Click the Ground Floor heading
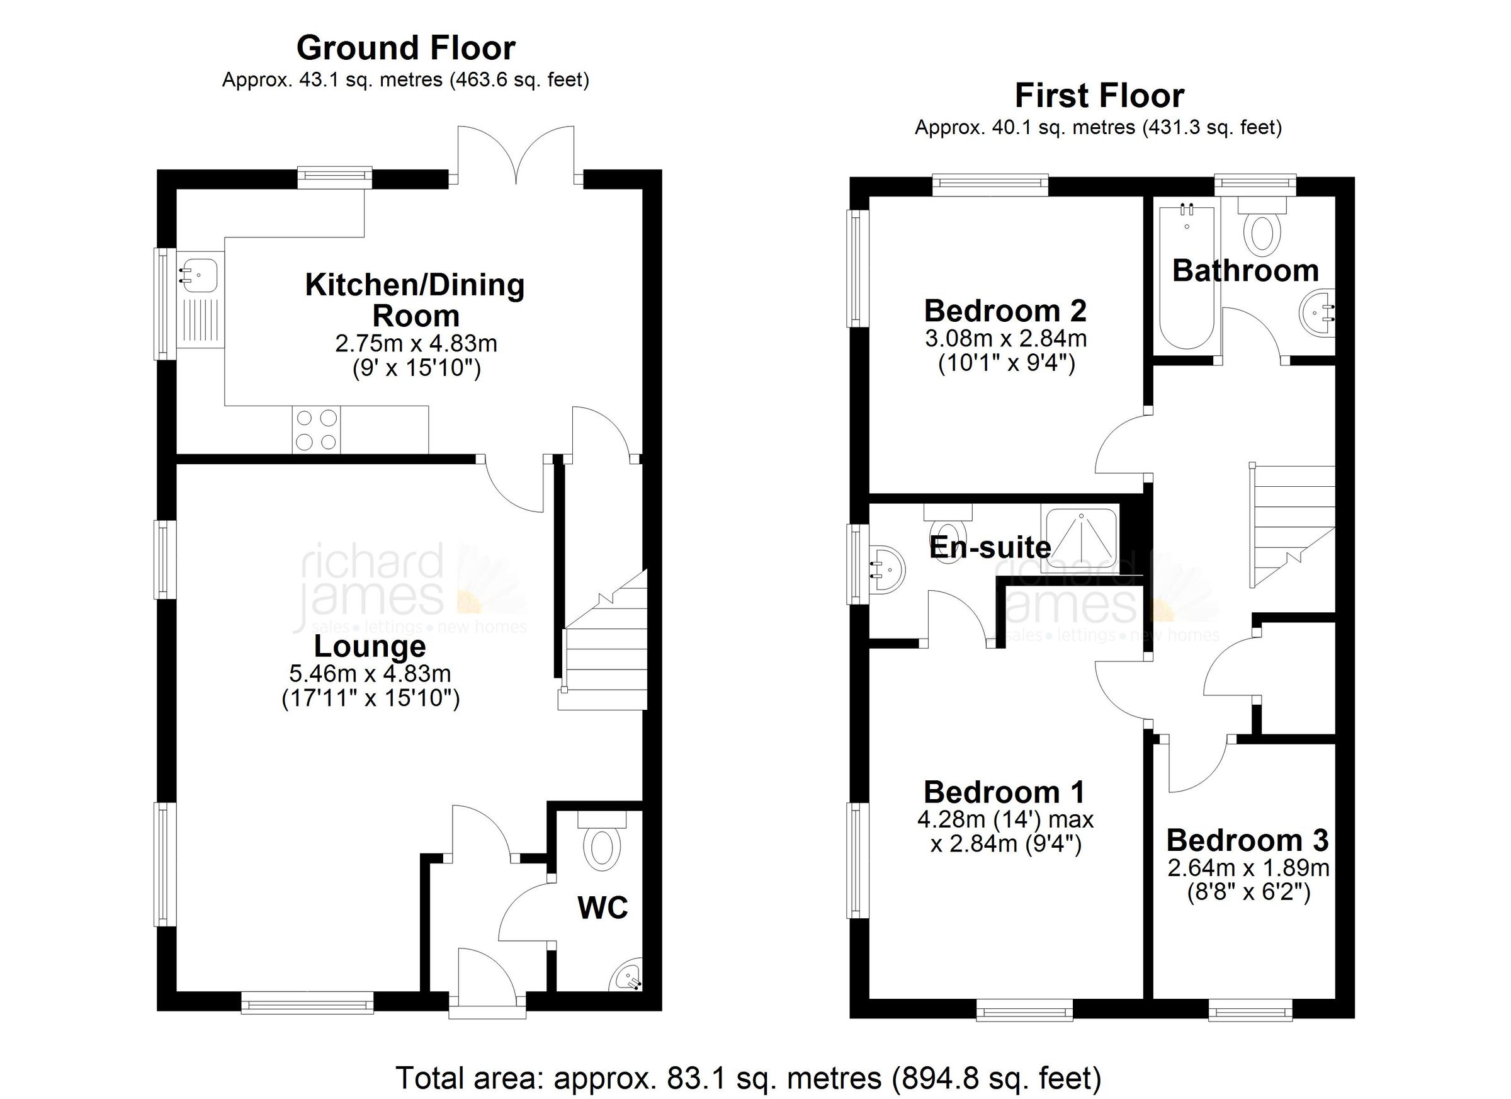[405, 48]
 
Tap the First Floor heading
[1099, 96]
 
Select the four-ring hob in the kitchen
[316, 430]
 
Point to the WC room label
[603, 908]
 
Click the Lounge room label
[370, 646]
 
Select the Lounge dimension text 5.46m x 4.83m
[370, 674]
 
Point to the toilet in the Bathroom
[1262, 231]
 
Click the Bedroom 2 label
[1005, 311]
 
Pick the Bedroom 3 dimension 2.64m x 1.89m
[1248, 868]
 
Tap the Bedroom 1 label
[1004, 792]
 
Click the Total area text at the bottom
[748, 1078]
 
